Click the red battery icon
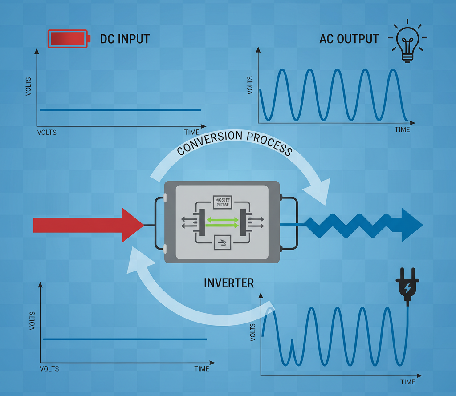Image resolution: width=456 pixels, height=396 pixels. pyautogui.click(x=68, y=39)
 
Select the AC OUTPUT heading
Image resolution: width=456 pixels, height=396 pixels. pyautogui.click(x=349, y=39)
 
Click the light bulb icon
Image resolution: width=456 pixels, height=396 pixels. pyautogui.click(x=407, y=41)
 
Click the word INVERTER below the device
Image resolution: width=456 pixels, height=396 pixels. pyautogui.click(x=229, y=283)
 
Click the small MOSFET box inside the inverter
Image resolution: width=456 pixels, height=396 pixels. pyautogui.click(x=222, y=202)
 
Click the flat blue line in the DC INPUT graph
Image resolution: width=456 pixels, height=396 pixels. pyautogui.click(x=120, y=109)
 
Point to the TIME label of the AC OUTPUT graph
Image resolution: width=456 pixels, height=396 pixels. pyautogui.click(x=402, y=129)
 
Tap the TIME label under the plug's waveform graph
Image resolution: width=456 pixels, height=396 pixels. pyautogui.click(x=407, y=382)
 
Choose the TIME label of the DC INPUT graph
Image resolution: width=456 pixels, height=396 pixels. pyautogui.click(x=192, y=132)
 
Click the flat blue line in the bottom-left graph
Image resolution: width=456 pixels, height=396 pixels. pyautogui.click(x=125, y=339)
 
